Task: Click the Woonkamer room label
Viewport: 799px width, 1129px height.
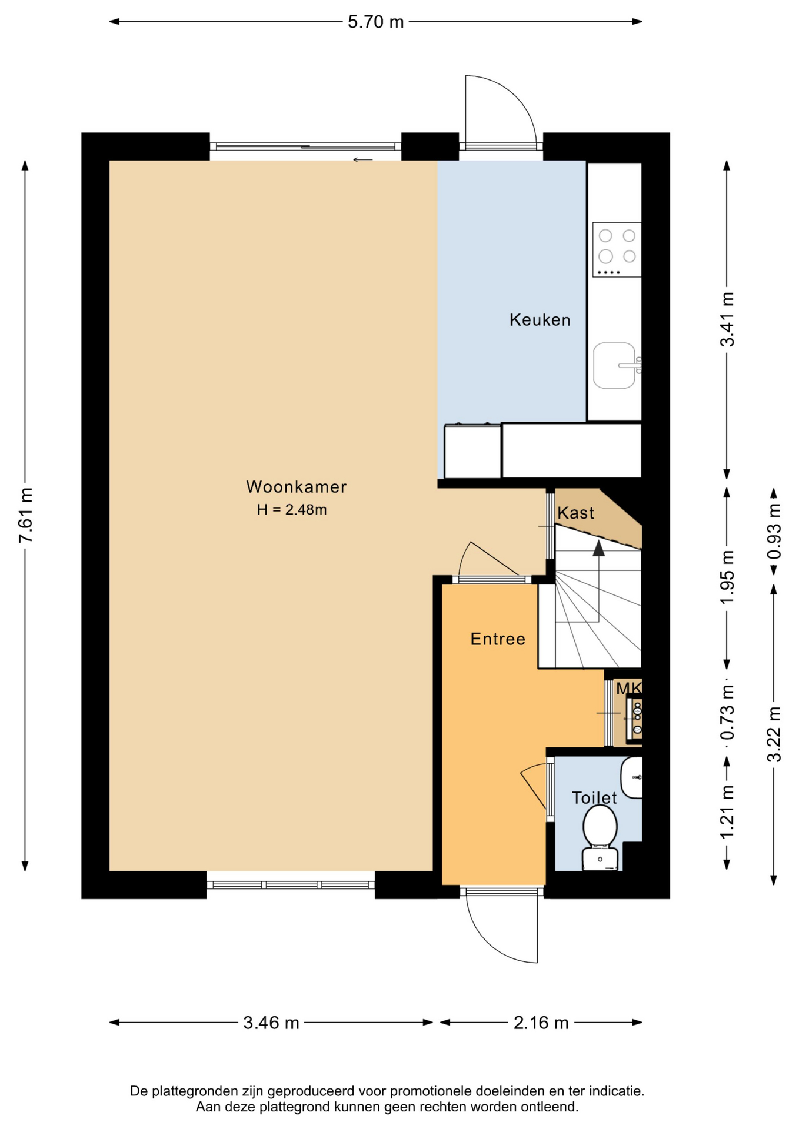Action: pos(296,487)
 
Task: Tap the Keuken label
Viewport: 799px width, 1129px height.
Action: pos(540,320)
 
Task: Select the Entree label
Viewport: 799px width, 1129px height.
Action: pos(498,639)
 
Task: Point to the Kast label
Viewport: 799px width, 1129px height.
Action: pos(575,513)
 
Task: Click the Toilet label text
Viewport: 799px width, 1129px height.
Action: pos(594,798)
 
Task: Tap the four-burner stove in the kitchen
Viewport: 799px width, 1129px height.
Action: pos(617,249)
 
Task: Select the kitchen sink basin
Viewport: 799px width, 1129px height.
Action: pos(614,366)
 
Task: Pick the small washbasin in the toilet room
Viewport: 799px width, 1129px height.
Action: pos(632,777)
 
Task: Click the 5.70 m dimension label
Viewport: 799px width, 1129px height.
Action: pos(375,22)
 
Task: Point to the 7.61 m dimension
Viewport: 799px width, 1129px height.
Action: pos(25,515)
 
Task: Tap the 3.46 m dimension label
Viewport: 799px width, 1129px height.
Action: pos(271,1023)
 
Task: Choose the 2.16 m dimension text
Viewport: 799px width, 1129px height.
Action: pos(541,1023)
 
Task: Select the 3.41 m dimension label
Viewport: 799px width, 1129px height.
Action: pos(727,319)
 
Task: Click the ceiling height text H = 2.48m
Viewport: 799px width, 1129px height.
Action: pos(292,510)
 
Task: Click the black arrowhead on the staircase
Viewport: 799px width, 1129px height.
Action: pos(598,549)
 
